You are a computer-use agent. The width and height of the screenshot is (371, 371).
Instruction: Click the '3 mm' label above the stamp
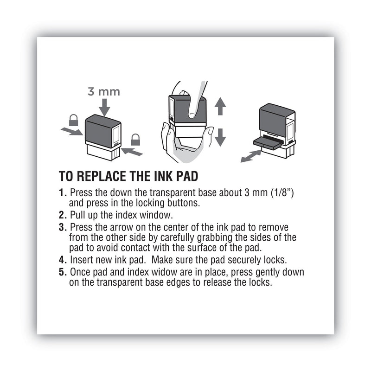pos(104,91)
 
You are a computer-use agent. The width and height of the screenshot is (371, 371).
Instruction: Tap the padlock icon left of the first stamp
pos(73,121)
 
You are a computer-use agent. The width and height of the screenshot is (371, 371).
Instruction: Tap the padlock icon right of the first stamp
pos(135,139)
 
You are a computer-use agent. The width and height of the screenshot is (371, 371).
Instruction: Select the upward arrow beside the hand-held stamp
pos(220,107)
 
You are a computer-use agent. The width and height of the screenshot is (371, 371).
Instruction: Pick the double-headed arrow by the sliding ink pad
pos(251,156)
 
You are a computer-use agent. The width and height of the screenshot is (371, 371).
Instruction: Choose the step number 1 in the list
pos(63,192)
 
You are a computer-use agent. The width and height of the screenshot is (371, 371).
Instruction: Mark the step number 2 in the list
pos(63,215)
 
